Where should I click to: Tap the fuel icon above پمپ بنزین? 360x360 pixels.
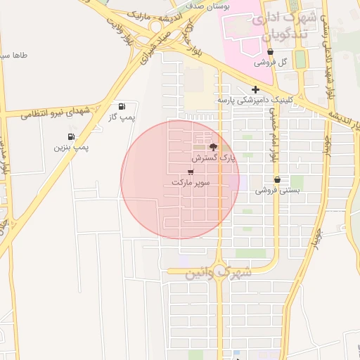click(x=71, y=136)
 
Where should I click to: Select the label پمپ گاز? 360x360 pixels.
click(x=121, y=117)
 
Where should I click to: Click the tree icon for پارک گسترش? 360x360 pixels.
click(x=214, y=148)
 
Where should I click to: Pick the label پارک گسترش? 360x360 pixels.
click(x=214, y=159)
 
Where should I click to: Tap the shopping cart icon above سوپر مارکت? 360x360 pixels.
click(x=191, y=172)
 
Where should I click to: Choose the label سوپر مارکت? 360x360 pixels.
click(x=191, y=182)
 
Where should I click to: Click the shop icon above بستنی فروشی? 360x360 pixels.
click(x=277, y=179)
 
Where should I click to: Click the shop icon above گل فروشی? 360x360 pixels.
click(x=270, y=51)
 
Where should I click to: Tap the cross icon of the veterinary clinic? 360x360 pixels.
click(x=255, y=89)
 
